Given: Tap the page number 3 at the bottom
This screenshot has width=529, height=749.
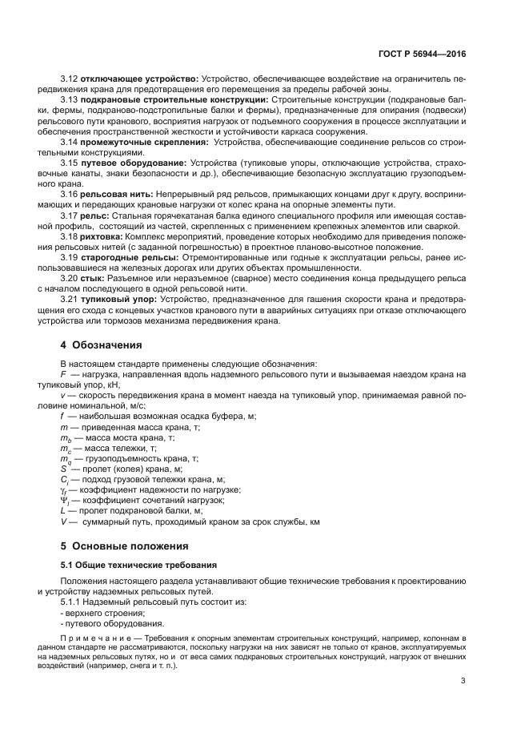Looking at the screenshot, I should [463, 682].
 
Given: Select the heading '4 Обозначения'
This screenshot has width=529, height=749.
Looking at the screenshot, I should [101, 345].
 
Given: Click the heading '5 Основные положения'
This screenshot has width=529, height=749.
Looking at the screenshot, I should [124, 546].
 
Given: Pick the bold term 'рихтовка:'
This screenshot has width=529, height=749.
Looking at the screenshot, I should [101, 236].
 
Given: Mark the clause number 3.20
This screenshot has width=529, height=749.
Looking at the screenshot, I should [69, 278].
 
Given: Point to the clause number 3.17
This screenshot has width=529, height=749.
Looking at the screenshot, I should [69, 215].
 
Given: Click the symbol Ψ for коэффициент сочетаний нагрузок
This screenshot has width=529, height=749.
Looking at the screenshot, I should [64, 500].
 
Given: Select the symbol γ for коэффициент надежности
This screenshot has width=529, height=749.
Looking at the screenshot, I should [64, 489].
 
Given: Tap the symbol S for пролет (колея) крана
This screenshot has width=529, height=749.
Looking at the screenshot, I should [63, 469].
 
